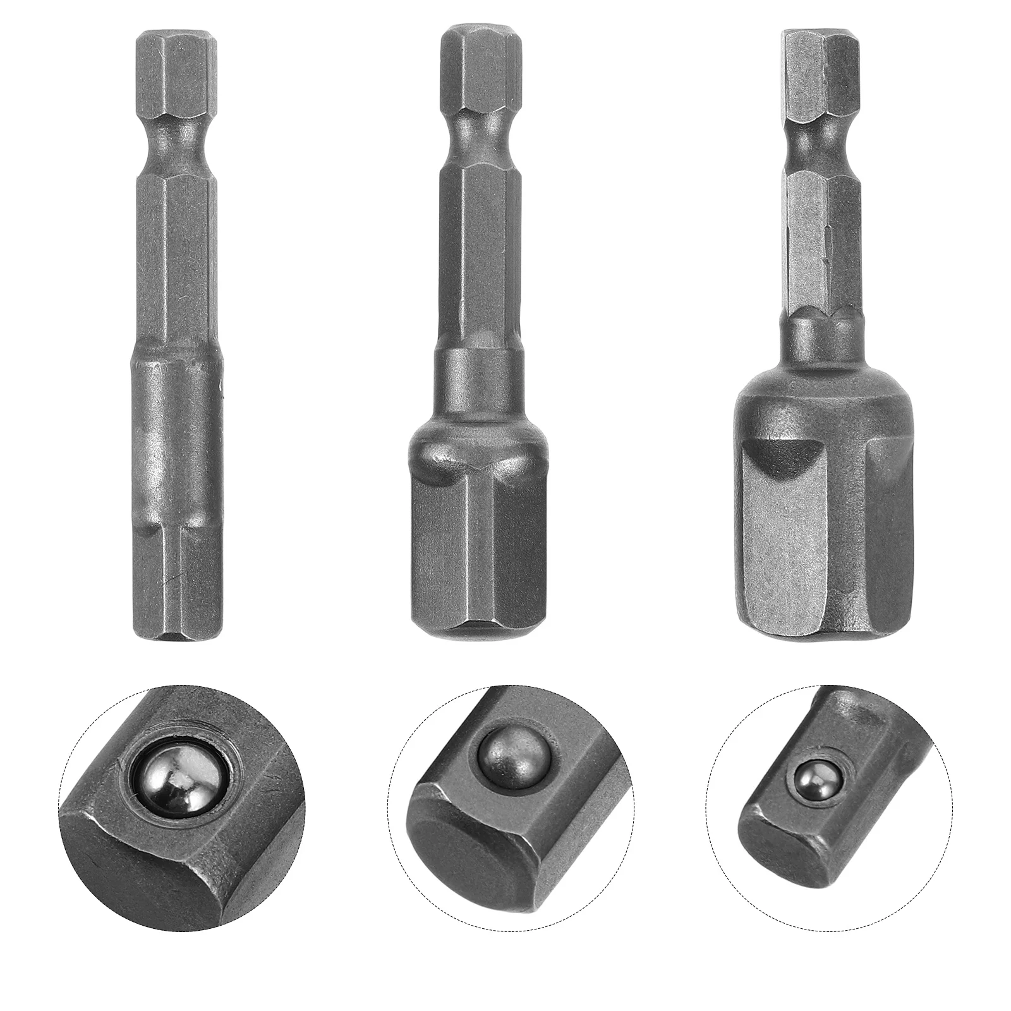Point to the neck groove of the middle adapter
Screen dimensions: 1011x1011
(481, 127)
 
